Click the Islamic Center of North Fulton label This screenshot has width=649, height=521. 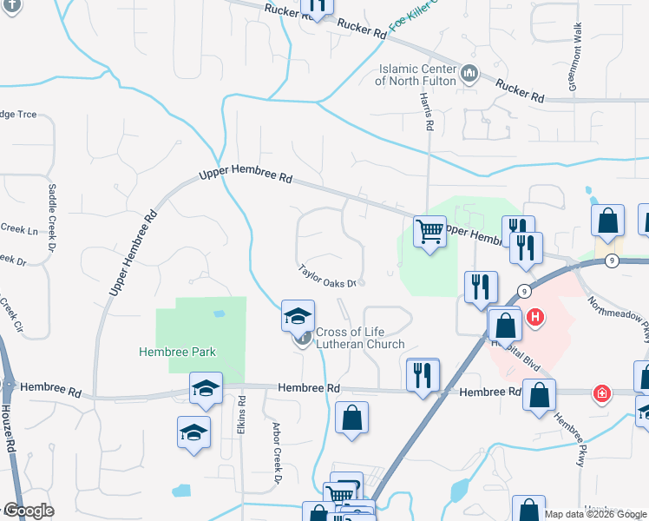tap(415, 75)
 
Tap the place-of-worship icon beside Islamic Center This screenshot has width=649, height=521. tap(469, 73)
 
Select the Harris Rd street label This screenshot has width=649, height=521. tap(427, 111)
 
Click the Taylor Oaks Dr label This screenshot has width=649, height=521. tap(329, 276)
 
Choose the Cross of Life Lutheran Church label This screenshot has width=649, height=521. tap(360, 338)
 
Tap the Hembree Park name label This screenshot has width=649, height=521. tap(177, 352)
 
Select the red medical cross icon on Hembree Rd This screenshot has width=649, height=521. tap(600, 394)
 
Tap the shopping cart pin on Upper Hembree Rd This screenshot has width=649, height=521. tap(429, 231)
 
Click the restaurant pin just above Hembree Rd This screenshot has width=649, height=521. tap(423, 374)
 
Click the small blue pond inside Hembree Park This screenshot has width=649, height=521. tap(219, 313)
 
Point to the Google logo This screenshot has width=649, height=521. tap(28, 511)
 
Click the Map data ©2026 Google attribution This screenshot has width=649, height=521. tap(596, 514)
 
